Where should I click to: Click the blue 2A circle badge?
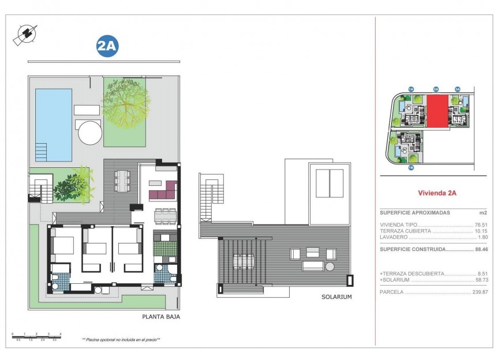click(107, 47)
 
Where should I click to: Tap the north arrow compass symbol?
click(24, 35)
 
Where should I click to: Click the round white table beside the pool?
click(89, 132)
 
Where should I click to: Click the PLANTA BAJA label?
click(161, 317)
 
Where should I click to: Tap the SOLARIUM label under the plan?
click(336, 297)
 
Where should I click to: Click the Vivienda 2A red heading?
click(436, 193)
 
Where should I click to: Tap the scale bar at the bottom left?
click(36, 335)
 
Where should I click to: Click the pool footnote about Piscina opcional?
click(121, 340)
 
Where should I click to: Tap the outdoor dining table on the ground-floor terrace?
click(122, 181)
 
